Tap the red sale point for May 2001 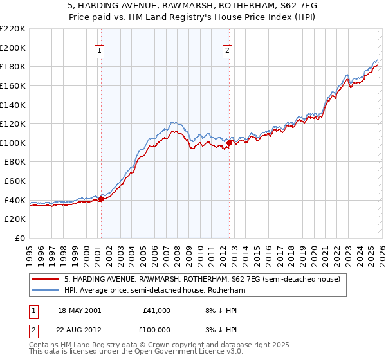tap(101, 199)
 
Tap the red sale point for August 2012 tap(228, 143)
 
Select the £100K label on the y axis tap(13, 143)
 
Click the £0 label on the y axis tap(20, 238)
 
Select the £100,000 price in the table tap(156, 329)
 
